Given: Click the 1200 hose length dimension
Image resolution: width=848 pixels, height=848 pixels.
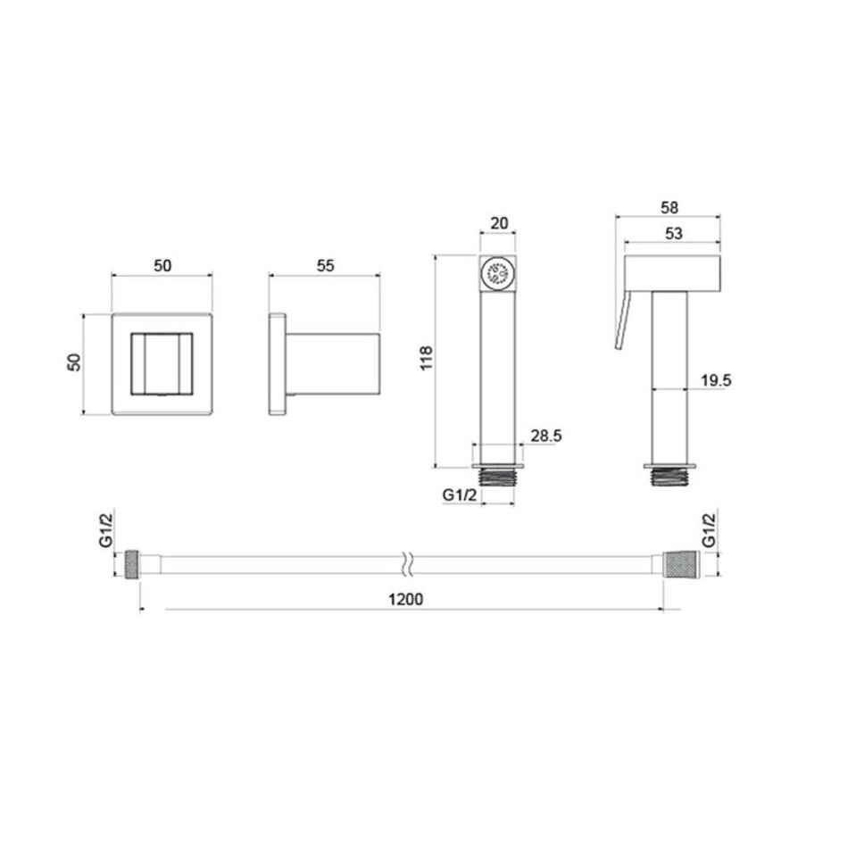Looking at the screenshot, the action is point(405,599).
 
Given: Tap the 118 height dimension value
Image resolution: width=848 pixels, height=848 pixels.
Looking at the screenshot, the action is point(427,358).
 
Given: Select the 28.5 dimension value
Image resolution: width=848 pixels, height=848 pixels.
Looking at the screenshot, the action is point(546,436).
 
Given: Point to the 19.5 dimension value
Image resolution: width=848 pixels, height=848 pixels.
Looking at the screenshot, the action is point(716,380).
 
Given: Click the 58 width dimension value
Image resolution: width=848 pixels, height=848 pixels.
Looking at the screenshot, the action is point(669,207).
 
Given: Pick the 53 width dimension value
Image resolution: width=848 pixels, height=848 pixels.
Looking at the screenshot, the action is point(673,234).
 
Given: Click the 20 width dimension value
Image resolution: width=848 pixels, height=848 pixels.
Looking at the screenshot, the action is point(499,223).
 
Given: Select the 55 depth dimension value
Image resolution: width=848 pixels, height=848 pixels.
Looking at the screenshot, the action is point(326,265).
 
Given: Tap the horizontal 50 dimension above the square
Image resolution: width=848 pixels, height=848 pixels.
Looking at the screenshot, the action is point(162,265).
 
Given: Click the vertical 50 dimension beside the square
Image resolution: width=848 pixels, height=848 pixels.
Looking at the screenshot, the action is point(73,362).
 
